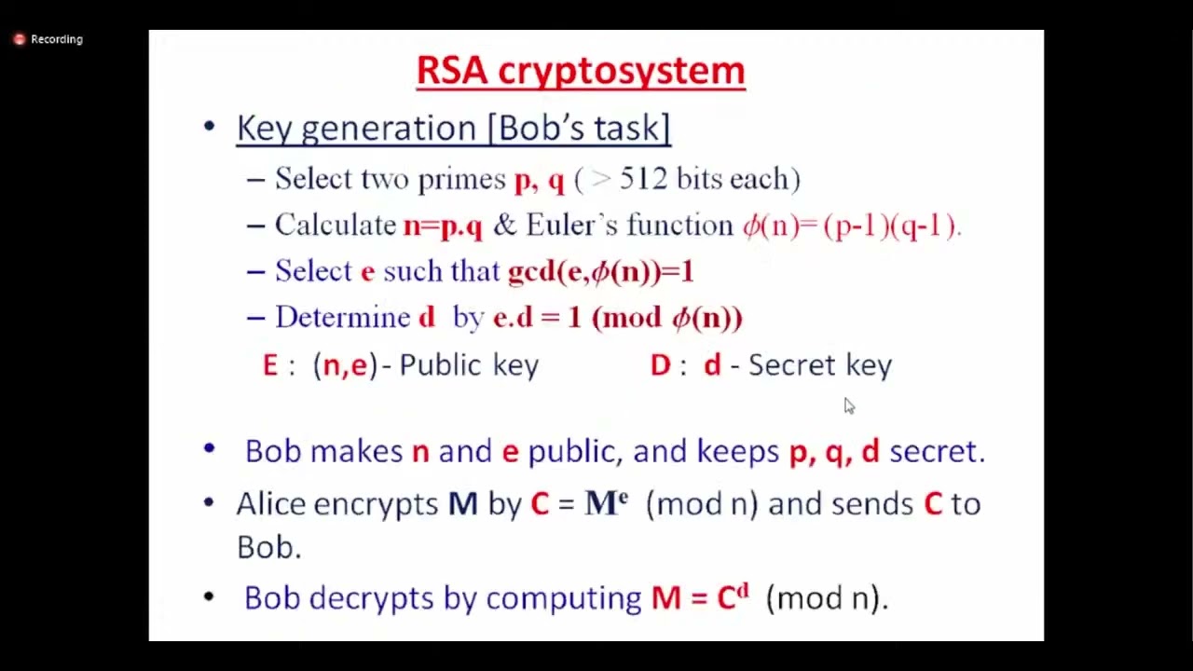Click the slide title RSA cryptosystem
tap(580, 71)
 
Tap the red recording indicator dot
tap(19, 39)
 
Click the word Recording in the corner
tap(57, 39)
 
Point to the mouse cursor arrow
tap(848, 405)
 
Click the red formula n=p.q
tap(443, 226)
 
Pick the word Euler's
tap(570, 225)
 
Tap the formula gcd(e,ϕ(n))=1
tap(600, 271)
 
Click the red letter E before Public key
tap(270, 365)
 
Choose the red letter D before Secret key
tap(660, 365)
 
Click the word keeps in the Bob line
tap(737, 451)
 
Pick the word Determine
tap(342, 318)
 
